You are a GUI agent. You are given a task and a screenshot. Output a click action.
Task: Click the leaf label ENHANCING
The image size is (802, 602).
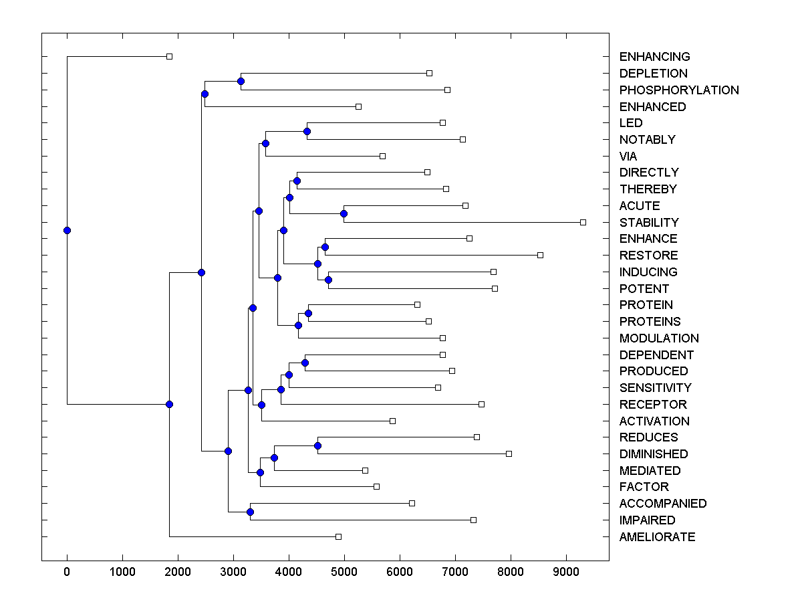[x=654, y=57]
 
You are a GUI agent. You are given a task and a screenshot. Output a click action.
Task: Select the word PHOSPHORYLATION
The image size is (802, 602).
[x=679, y=90]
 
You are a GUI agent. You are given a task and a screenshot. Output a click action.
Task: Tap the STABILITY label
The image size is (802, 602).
[x=649, y=223]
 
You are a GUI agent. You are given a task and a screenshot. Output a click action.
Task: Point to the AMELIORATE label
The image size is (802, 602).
[x=657, y=537]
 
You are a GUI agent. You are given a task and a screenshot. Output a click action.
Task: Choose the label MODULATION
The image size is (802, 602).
[x=659, y=338]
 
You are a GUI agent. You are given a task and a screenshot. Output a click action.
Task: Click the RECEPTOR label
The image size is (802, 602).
[x=653, y=405]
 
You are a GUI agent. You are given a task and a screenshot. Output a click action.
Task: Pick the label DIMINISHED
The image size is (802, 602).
[x=654, y=454]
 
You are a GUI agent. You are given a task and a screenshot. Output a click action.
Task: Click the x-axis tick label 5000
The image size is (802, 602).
[x=344, y=571]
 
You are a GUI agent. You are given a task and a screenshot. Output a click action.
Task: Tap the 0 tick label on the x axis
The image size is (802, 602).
[x=67, y=571]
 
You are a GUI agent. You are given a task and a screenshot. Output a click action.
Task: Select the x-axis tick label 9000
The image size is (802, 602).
[x=566, y=571]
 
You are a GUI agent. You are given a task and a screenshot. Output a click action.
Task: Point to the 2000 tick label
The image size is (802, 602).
[x=178, y=571]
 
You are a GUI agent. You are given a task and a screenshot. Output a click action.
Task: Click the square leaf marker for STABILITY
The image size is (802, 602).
[x=583, y=222]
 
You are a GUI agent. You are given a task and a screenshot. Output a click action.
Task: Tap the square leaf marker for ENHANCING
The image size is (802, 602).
[x=169, y=57]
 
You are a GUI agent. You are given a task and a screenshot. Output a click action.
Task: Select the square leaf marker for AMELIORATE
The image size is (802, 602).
[x=338, y=536]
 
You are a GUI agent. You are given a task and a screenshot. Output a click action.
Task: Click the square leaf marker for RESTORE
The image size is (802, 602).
[x=541, y=255]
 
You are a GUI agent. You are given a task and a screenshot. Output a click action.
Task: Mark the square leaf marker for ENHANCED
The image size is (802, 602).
[x=358, y=106]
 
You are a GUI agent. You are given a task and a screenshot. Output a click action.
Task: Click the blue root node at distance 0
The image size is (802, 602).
[x=67, y=230]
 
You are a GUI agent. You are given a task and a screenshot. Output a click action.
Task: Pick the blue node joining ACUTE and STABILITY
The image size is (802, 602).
[x=344, y=213]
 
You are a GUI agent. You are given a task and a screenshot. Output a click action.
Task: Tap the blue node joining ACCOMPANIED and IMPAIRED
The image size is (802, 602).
[x=250, y=512]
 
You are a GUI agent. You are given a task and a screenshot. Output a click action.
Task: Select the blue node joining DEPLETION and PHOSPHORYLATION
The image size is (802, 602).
[x=241, y=81]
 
